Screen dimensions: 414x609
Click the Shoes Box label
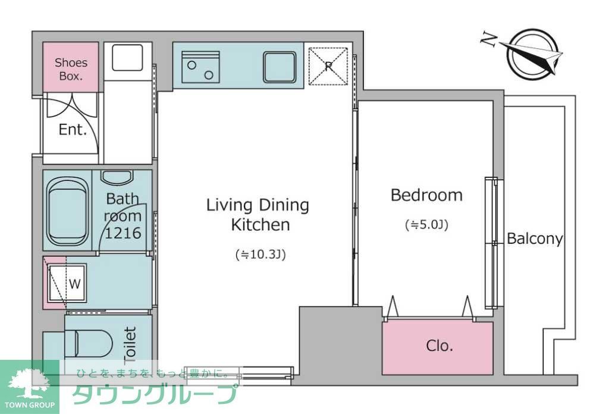pos(71,69)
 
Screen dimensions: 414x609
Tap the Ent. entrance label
pos(73,130)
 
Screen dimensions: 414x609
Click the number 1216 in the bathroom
pos(123,233)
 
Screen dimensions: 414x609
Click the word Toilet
pos(130,344)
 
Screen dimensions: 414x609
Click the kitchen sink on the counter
pos(280,66)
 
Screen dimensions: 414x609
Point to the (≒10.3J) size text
pos(261,255)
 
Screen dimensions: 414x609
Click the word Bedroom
pos(426,195)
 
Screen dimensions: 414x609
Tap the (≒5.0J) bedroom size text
pos(426,225)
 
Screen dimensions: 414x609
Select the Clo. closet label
pos(440,346)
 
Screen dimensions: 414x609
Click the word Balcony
pos(535,239)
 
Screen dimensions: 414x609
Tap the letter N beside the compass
pos(489,39)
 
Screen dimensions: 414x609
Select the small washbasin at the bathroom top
pos(117,177)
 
